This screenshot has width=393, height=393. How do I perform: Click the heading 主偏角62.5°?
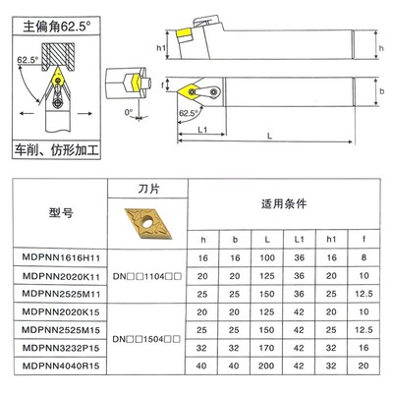point(52,17)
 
